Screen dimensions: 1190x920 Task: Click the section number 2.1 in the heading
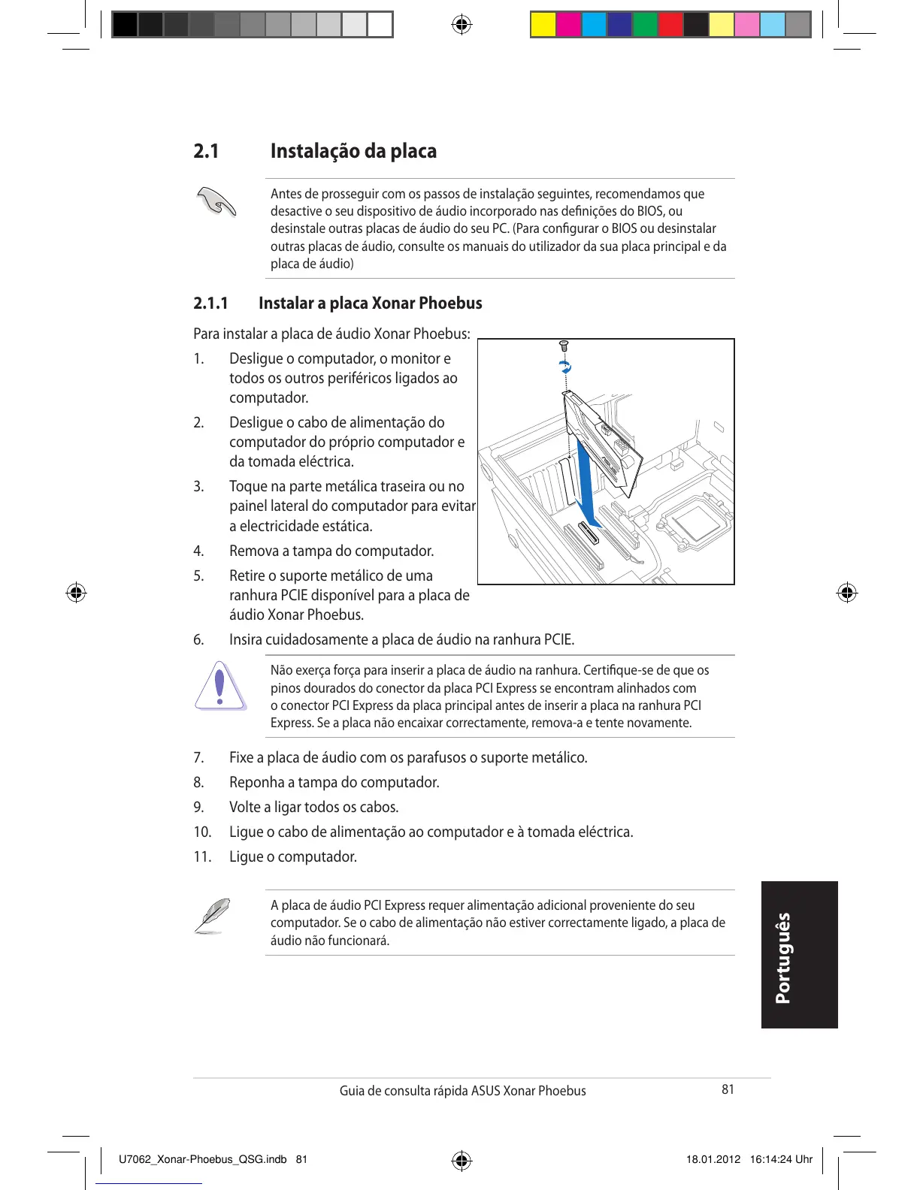pos(206,151)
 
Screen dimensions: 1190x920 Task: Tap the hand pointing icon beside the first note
pos(216,202)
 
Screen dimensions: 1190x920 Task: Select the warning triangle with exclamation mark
pos(219,686)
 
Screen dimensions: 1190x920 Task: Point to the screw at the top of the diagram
pos(564,347)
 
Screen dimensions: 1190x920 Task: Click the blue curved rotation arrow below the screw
pos(565,367)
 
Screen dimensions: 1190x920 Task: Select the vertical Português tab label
pos(784,957)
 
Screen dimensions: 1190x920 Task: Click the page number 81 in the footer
pos(728,1089)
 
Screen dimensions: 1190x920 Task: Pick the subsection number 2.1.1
pos(210,304)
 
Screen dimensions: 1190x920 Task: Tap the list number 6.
pos(198,640)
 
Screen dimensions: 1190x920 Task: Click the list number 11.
pos(202,857)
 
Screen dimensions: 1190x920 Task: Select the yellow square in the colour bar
pos(543,25)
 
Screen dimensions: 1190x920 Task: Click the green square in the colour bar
pos(645,25)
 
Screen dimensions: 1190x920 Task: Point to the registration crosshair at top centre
pos(462,25)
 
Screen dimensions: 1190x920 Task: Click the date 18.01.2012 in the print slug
pos(713,1159)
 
